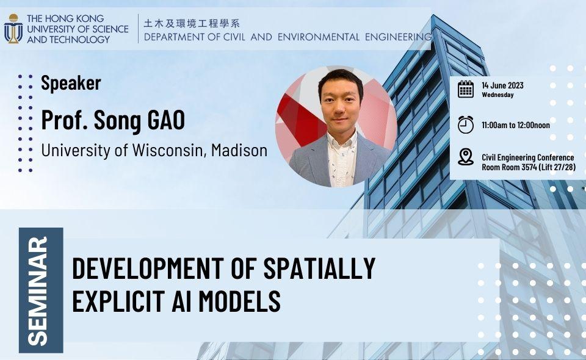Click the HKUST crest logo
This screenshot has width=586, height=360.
pyautogui.click(x=13, y=28)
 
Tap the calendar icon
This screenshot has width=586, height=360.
pyautogui.click(x=466, y=89)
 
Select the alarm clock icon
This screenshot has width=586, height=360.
pyautogui.click(x=466, y=124)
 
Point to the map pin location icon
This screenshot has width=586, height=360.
pyautogui.click(x=466, y=157)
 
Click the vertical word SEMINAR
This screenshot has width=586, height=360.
pyautogui.click(x=40, y=290)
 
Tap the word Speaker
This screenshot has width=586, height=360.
pyautogui.click(x=71, y=83)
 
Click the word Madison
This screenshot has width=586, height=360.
pyautogui.click(x=239, y=149)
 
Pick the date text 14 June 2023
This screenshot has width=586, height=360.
pyautogui.click(x=502, y=85)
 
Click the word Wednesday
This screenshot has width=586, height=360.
pyautogui.click(x=497, y=95)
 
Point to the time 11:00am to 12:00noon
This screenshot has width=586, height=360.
pyautogui.click(x=515, y=124)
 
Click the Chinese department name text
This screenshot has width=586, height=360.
pyautogui.click(x=192, y=23)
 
